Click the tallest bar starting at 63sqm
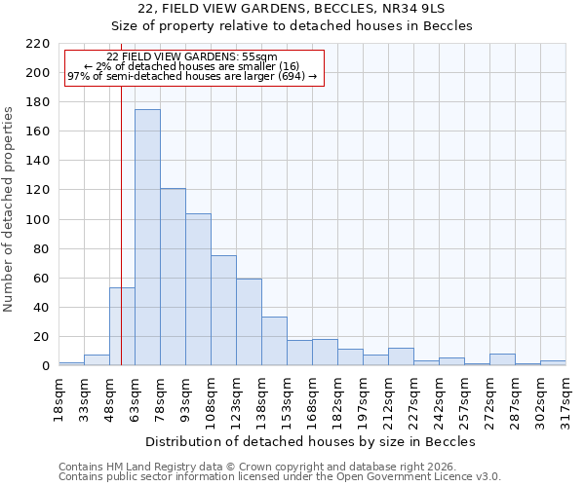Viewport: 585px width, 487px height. tap(147, 238)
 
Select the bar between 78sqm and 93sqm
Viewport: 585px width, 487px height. tap(173, 278)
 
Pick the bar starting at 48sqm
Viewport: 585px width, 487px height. tap(122, 327)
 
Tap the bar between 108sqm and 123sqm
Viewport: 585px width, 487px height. tap(223, 311)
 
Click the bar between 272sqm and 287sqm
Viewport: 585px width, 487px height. tap(502, 360)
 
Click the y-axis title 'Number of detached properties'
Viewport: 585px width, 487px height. tap(10, 210)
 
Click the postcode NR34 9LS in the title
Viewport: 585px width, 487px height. tap(417, 9)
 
